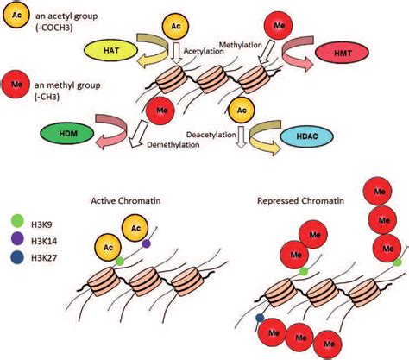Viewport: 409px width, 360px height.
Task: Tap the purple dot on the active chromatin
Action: pyautogui.click(x=145, y=244)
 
